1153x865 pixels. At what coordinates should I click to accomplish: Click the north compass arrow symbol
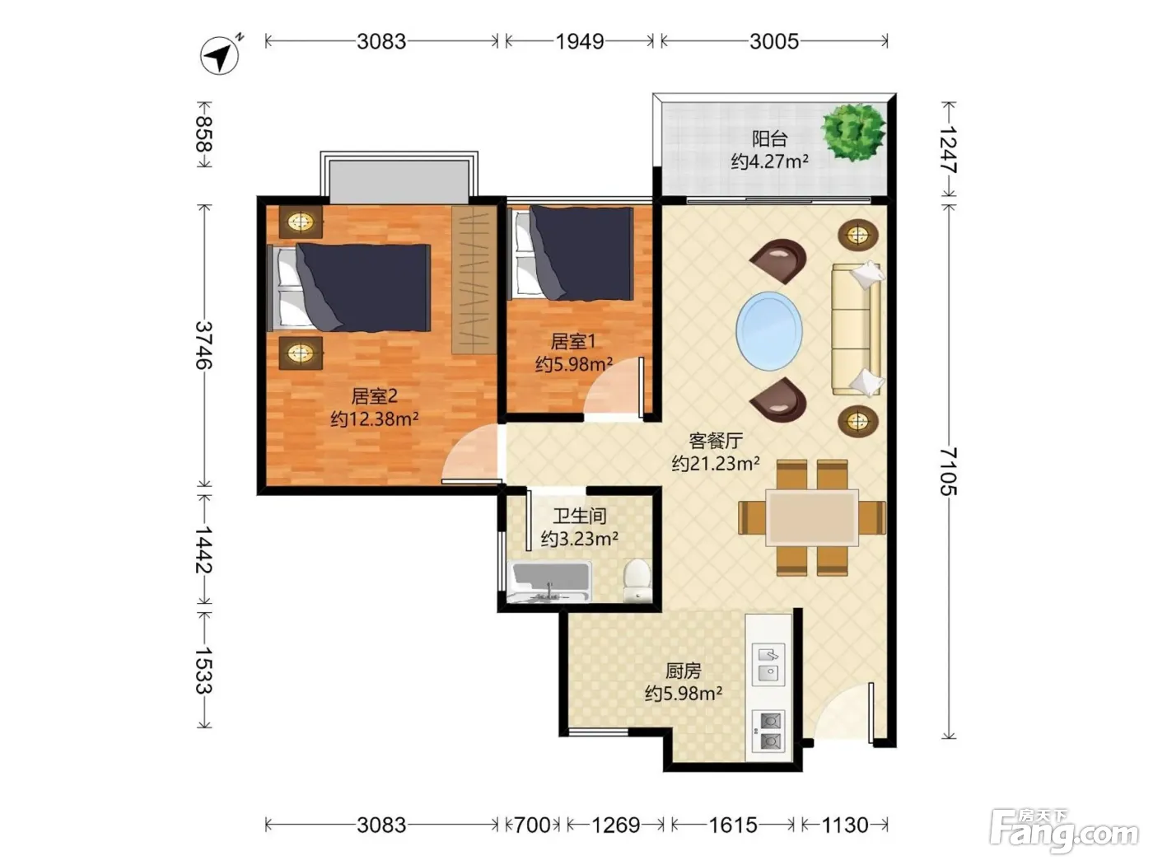tap(220, 54)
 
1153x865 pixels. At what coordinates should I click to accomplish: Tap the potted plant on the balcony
tap(853, 130)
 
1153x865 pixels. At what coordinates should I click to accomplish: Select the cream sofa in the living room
tap(857, 330)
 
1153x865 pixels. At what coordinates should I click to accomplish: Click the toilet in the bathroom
tap(637, 579)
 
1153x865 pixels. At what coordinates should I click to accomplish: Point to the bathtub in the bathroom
tap(550, 582)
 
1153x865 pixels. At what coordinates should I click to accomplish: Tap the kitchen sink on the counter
tap(768, 664)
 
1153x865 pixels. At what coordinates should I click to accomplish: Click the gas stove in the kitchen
tap(768, 731)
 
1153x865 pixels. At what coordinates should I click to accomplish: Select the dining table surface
tap(811, 517)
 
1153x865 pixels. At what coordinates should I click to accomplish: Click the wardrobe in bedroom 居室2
tap(474, 279)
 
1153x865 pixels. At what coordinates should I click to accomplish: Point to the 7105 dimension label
tap(949, 471)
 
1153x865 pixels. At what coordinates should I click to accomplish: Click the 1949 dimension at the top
tap(580, 41)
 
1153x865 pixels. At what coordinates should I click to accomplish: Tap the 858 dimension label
tap(204, 133)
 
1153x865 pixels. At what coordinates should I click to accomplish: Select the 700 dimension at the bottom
tap(532, 825)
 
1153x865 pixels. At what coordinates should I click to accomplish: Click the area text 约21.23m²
tap(716, 463)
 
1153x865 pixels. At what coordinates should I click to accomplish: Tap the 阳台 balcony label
tap(769, 138)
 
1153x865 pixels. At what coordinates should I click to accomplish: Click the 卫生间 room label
tap(580, 516)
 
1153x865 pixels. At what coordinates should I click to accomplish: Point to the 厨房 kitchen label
tap(683, 671)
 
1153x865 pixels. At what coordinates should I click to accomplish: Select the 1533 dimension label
tap(204, 670)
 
